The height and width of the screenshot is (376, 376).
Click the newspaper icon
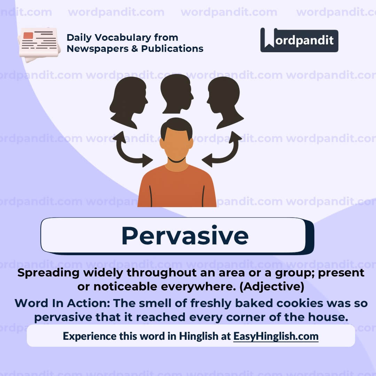(x=39, y=44)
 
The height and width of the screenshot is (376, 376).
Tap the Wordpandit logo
(x=299, y=40)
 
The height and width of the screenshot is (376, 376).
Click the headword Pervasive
(x=185, y=236)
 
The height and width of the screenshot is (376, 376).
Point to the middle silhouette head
(x=177, y=93)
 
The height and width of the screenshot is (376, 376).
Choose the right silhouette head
(x=224, y=101)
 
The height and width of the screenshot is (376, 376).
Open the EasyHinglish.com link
(x=276, y=336)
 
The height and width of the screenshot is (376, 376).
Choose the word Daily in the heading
(x=79, y=37)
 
